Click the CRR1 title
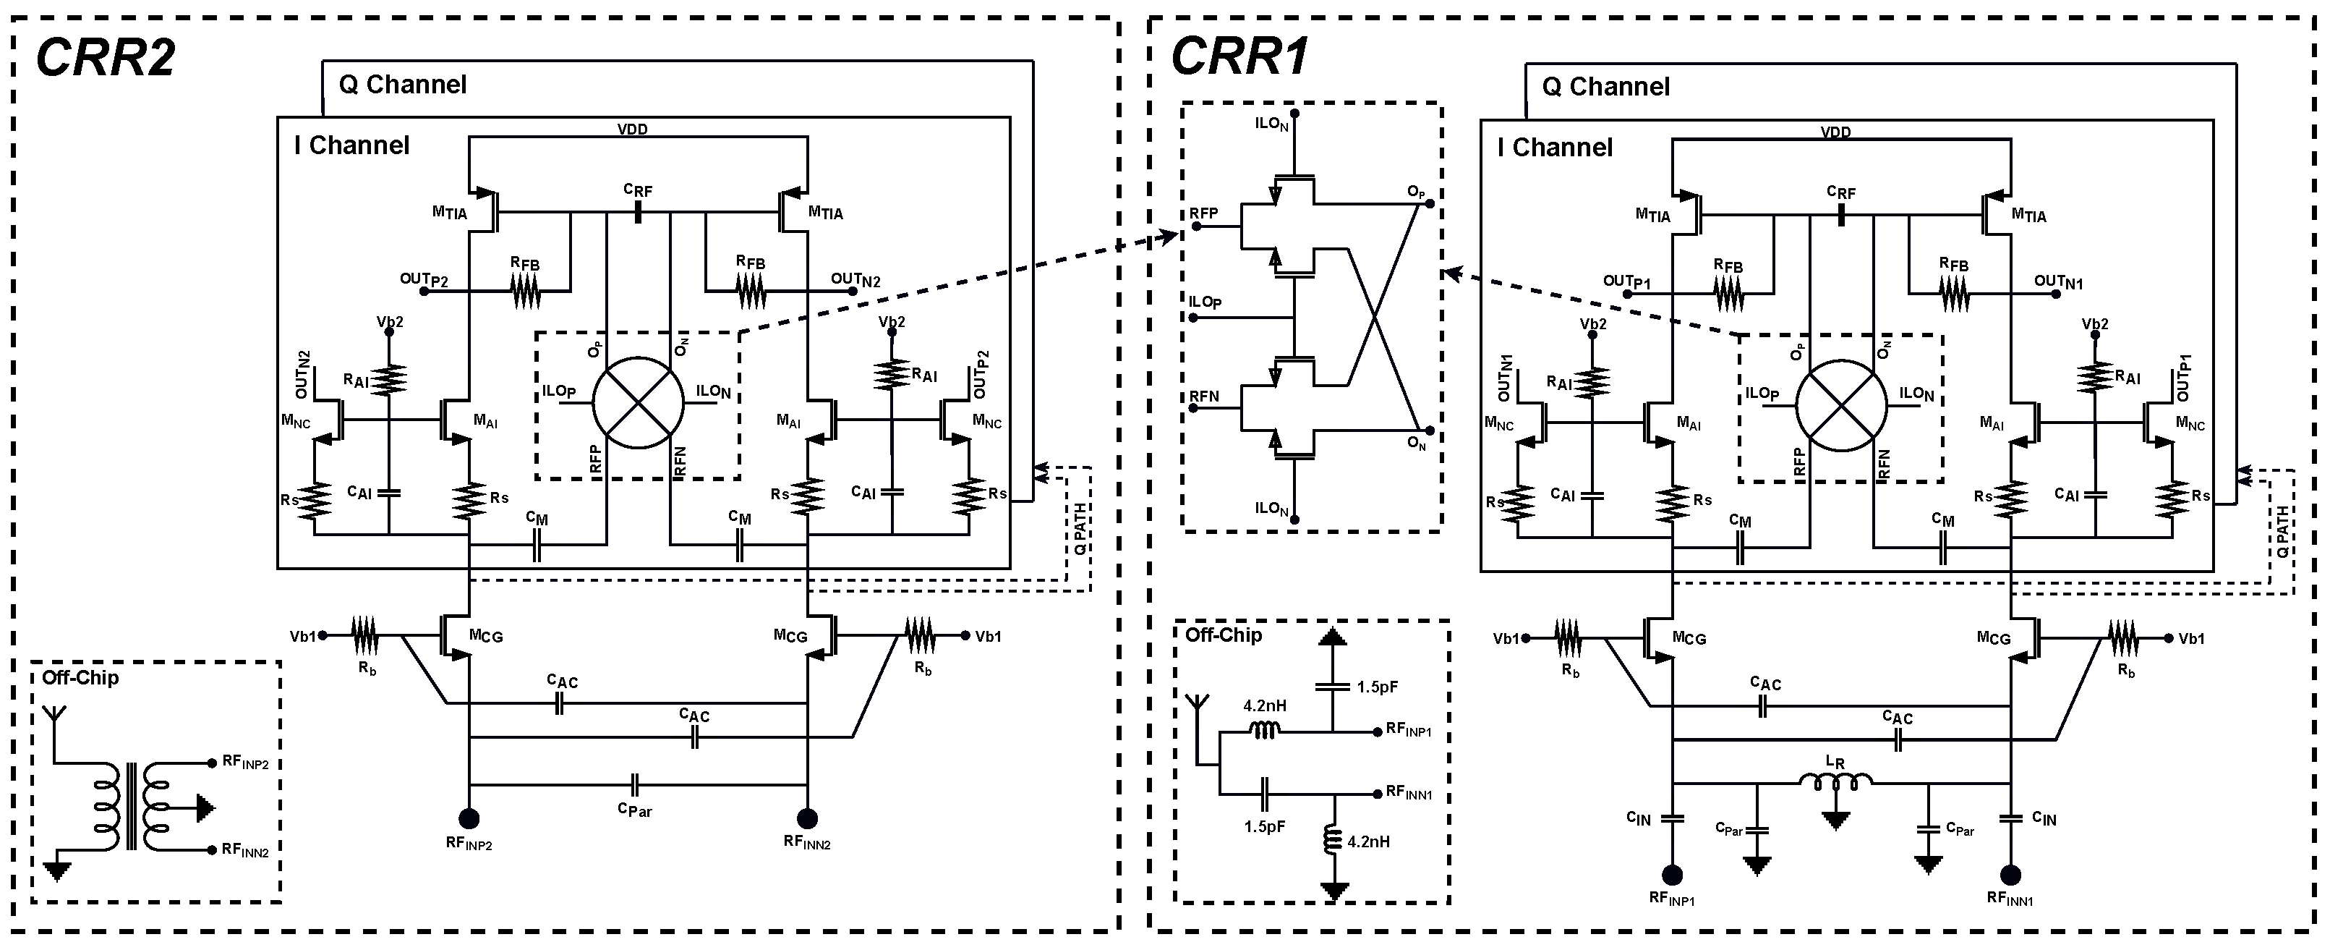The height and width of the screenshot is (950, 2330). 1239,58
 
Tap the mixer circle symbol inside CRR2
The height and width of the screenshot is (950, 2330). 638,402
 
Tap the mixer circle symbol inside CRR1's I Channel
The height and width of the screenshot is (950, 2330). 1840,405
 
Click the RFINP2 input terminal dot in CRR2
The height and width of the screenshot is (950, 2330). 469,819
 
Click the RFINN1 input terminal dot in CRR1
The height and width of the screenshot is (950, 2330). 2010,875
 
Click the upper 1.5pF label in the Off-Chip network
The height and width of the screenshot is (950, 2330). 1377,687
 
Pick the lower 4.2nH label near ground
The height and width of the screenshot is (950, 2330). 1367,841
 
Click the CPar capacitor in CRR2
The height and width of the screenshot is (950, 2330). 635,784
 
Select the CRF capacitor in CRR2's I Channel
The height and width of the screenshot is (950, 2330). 638,213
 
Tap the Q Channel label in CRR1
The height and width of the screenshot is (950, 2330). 1605,87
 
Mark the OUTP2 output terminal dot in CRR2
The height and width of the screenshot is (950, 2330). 444,290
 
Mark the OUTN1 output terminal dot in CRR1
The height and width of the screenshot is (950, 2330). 2056,293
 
